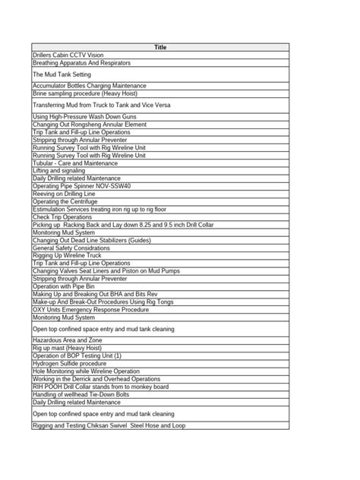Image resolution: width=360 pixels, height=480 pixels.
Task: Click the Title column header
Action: click(x=160, y=47)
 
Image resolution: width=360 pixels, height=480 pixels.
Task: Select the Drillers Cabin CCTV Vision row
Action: click(x=68, y=55)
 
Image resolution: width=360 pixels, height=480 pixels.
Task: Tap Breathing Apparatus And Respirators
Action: click(x=81, y=63)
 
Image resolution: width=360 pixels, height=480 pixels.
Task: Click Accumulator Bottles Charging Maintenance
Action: click(x=90, y=86)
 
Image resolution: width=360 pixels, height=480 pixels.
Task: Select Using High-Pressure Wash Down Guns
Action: click(x=83, y=117)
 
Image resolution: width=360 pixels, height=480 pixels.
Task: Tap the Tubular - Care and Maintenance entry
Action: click(x=75, y=163)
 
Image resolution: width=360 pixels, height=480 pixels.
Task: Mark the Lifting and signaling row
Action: click(x=59, y=170)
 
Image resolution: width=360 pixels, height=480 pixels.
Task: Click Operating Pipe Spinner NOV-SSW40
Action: click(x=81, y=185)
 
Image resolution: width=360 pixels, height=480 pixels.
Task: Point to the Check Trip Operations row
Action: click(x=62, y=216)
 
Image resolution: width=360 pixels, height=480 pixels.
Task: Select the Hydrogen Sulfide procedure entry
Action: click(x=69, y=364)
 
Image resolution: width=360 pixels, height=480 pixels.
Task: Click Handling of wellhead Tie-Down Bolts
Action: click(x=81, y=394)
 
